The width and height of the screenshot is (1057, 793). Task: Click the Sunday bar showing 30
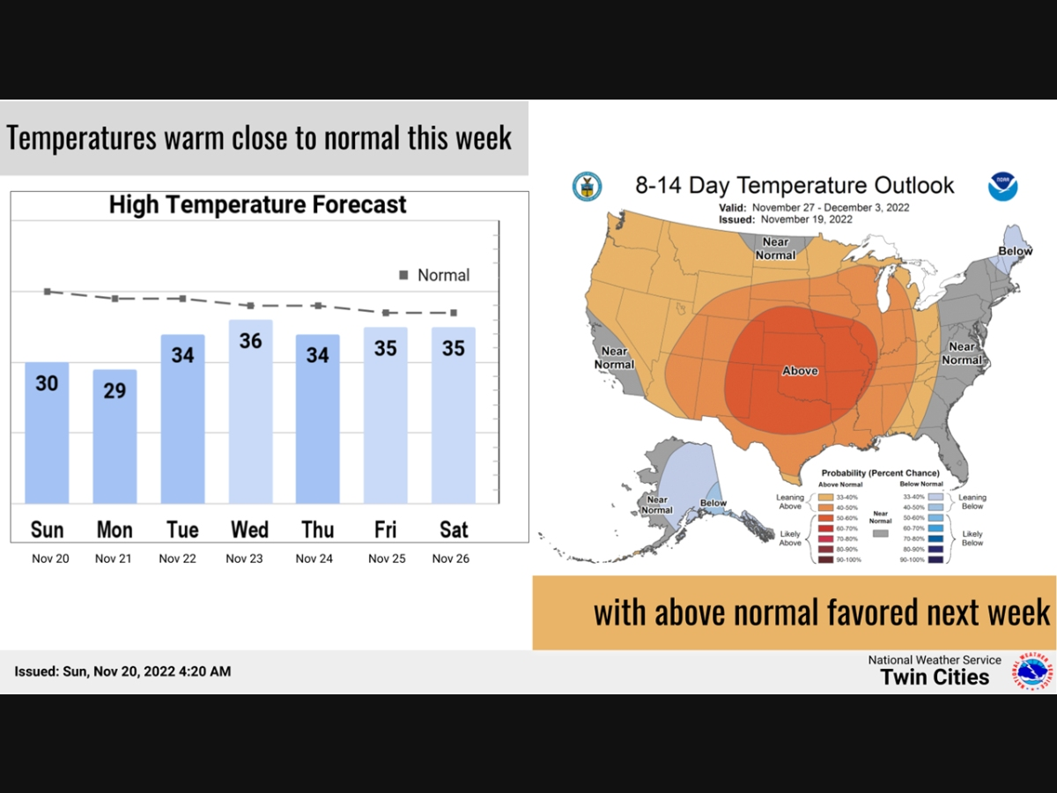pyautogui.click(x=47, y=432)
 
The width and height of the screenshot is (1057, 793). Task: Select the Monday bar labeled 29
pyautogui.click(x=115, y=436)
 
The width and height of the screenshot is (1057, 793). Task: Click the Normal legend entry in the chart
pyautogui.click(x=434, y=275)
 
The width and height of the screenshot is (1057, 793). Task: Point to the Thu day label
pyautogui.click(x=317, y=530)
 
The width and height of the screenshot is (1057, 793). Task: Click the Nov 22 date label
pyautogui.click(x=177, y=559)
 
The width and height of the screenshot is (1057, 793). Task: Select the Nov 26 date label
pyautogui.click(x=450, y=559)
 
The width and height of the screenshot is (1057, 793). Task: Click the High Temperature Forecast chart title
pyautogui.click(x=257, y=204)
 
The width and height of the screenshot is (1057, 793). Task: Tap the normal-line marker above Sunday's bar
pyautogui.click(x=47, y=291)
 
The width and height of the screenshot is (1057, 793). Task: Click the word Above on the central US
pyautogui.click(x=800, y=371)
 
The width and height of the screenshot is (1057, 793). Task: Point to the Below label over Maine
pyautogui.click(x=1015, y=251)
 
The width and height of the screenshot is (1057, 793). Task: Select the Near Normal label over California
pyautogui.click(x=614, y=358)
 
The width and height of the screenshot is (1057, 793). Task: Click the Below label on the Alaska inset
pyautogui.click(x=713, y=503)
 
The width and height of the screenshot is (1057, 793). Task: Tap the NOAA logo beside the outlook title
pyautogui.click(x=1002, y=186)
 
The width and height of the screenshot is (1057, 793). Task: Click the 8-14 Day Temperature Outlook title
pyautogui.click(x=795, y=185)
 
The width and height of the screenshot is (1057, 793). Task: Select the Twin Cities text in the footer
pyautogui.click(x=935, y=677)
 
